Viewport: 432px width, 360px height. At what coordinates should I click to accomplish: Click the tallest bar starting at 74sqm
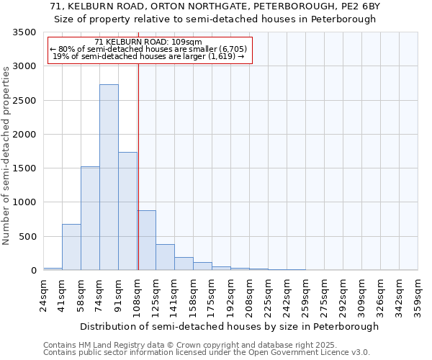coord(109,177)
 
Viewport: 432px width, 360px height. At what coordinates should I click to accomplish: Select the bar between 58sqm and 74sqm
coord(90,218)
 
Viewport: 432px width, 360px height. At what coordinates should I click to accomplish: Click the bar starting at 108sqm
coord(146,240)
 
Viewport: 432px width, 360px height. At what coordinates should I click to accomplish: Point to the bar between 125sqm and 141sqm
coord(165,257)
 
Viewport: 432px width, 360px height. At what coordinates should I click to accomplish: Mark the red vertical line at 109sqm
coord(138,180)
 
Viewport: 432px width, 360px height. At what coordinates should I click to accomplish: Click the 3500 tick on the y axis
coord(25,33)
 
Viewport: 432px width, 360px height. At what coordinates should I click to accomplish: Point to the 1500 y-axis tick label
coord(25,168)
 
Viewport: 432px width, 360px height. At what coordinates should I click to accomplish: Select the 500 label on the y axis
coord(28,236)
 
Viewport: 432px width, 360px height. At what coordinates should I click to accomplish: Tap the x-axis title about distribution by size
coord(229,326)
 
